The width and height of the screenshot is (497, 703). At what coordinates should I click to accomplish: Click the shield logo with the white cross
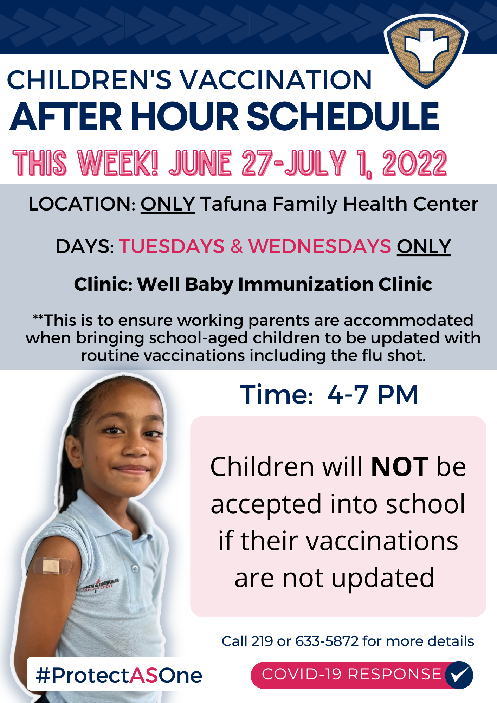pyautogui.click(x=426, y=51)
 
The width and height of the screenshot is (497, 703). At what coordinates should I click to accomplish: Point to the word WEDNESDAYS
pyautogui.click(x=319, y=246)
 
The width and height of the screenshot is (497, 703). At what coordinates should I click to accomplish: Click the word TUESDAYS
pyautogui.click(x=172, y=246)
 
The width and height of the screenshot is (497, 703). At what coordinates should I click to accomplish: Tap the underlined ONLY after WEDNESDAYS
pyautogui.click(x=424, y=246)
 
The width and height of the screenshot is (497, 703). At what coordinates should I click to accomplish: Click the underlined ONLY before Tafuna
pyautogui.click(x=168, y=204)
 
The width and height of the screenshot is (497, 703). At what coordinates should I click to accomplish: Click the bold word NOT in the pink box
pyautogui.click(x=399, y=467)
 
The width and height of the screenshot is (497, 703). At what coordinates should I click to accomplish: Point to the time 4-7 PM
pyautogui.click(x=373, y=394)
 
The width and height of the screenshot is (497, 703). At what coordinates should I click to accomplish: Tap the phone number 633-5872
pyautogui.click(x=327, y=641)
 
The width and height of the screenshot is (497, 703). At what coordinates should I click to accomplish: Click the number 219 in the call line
pyautogui.click(x=262, y=641)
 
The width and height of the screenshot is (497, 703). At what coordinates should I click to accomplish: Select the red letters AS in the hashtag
pyautogui.click(x=144, y=675)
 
